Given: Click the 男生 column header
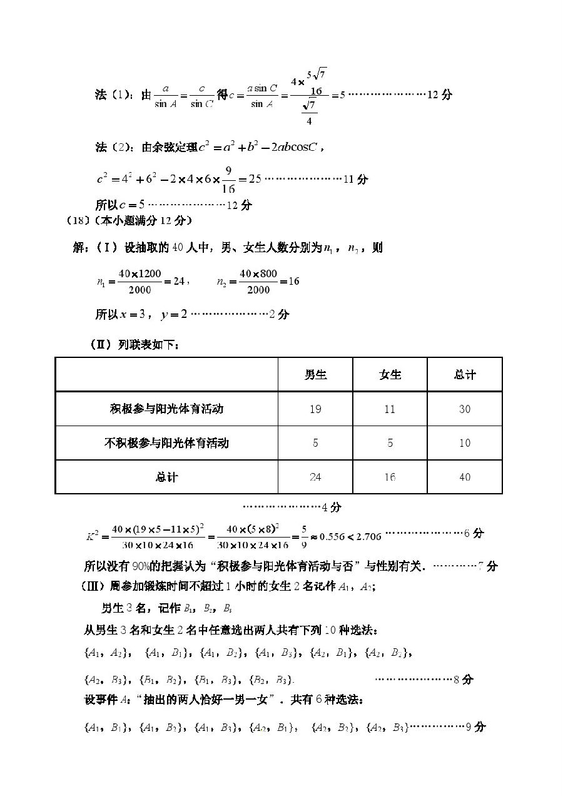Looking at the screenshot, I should (315, 375).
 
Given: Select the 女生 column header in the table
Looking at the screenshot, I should (390, 375).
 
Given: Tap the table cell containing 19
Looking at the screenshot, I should (315, 409).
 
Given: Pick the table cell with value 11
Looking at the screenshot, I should (390, 409).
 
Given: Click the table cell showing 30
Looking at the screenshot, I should (464, 409).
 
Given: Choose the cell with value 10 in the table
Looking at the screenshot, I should (464, 443).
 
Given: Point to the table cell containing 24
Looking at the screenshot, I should (315, 477).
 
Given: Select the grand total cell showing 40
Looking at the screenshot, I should (464, 477).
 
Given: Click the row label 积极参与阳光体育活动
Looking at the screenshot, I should (166, 409).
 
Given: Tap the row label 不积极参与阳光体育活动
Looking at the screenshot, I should (166, 443).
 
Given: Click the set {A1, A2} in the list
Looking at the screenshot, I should (107, 653).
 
